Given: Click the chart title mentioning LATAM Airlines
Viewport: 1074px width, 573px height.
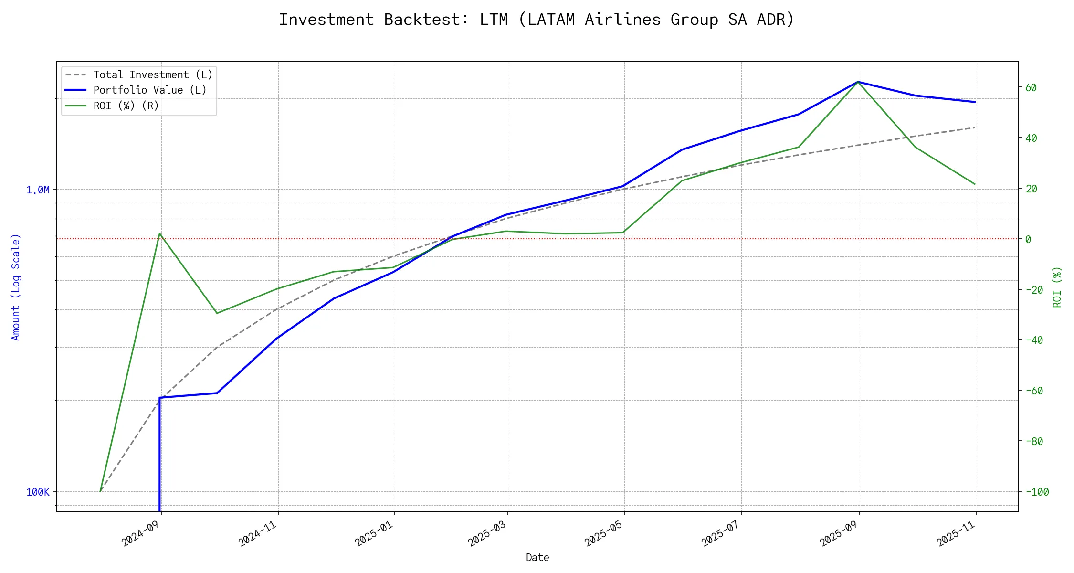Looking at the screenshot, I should click(x=537, y=20).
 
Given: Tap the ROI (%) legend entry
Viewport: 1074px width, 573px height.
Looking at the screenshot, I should click(x=126, y=106).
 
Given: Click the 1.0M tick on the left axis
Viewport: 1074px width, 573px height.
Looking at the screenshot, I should click(x=38, y=190).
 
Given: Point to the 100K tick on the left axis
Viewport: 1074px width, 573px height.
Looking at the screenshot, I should click(x=38, y=492).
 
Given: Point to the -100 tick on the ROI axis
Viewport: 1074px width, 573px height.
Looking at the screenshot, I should click(x=1037, y=492).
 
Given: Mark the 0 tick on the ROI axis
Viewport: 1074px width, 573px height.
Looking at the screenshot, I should click(x=1028, y=239).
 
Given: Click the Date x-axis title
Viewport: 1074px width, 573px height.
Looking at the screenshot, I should click(x=537, y=558).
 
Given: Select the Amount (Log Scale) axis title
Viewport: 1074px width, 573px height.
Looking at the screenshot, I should click(x=16, y=287).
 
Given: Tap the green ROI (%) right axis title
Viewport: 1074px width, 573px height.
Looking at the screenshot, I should click(x=1057, y=287).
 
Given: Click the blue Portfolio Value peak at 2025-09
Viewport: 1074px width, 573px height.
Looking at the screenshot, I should click(x=859, y=82).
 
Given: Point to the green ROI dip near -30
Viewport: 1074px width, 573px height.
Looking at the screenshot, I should click(x=217, y=313).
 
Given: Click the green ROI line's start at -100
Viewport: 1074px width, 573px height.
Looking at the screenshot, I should click(x=100, y=491).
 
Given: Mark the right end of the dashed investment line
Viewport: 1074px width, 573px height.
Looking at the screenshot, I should click(x=975, y=127).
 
